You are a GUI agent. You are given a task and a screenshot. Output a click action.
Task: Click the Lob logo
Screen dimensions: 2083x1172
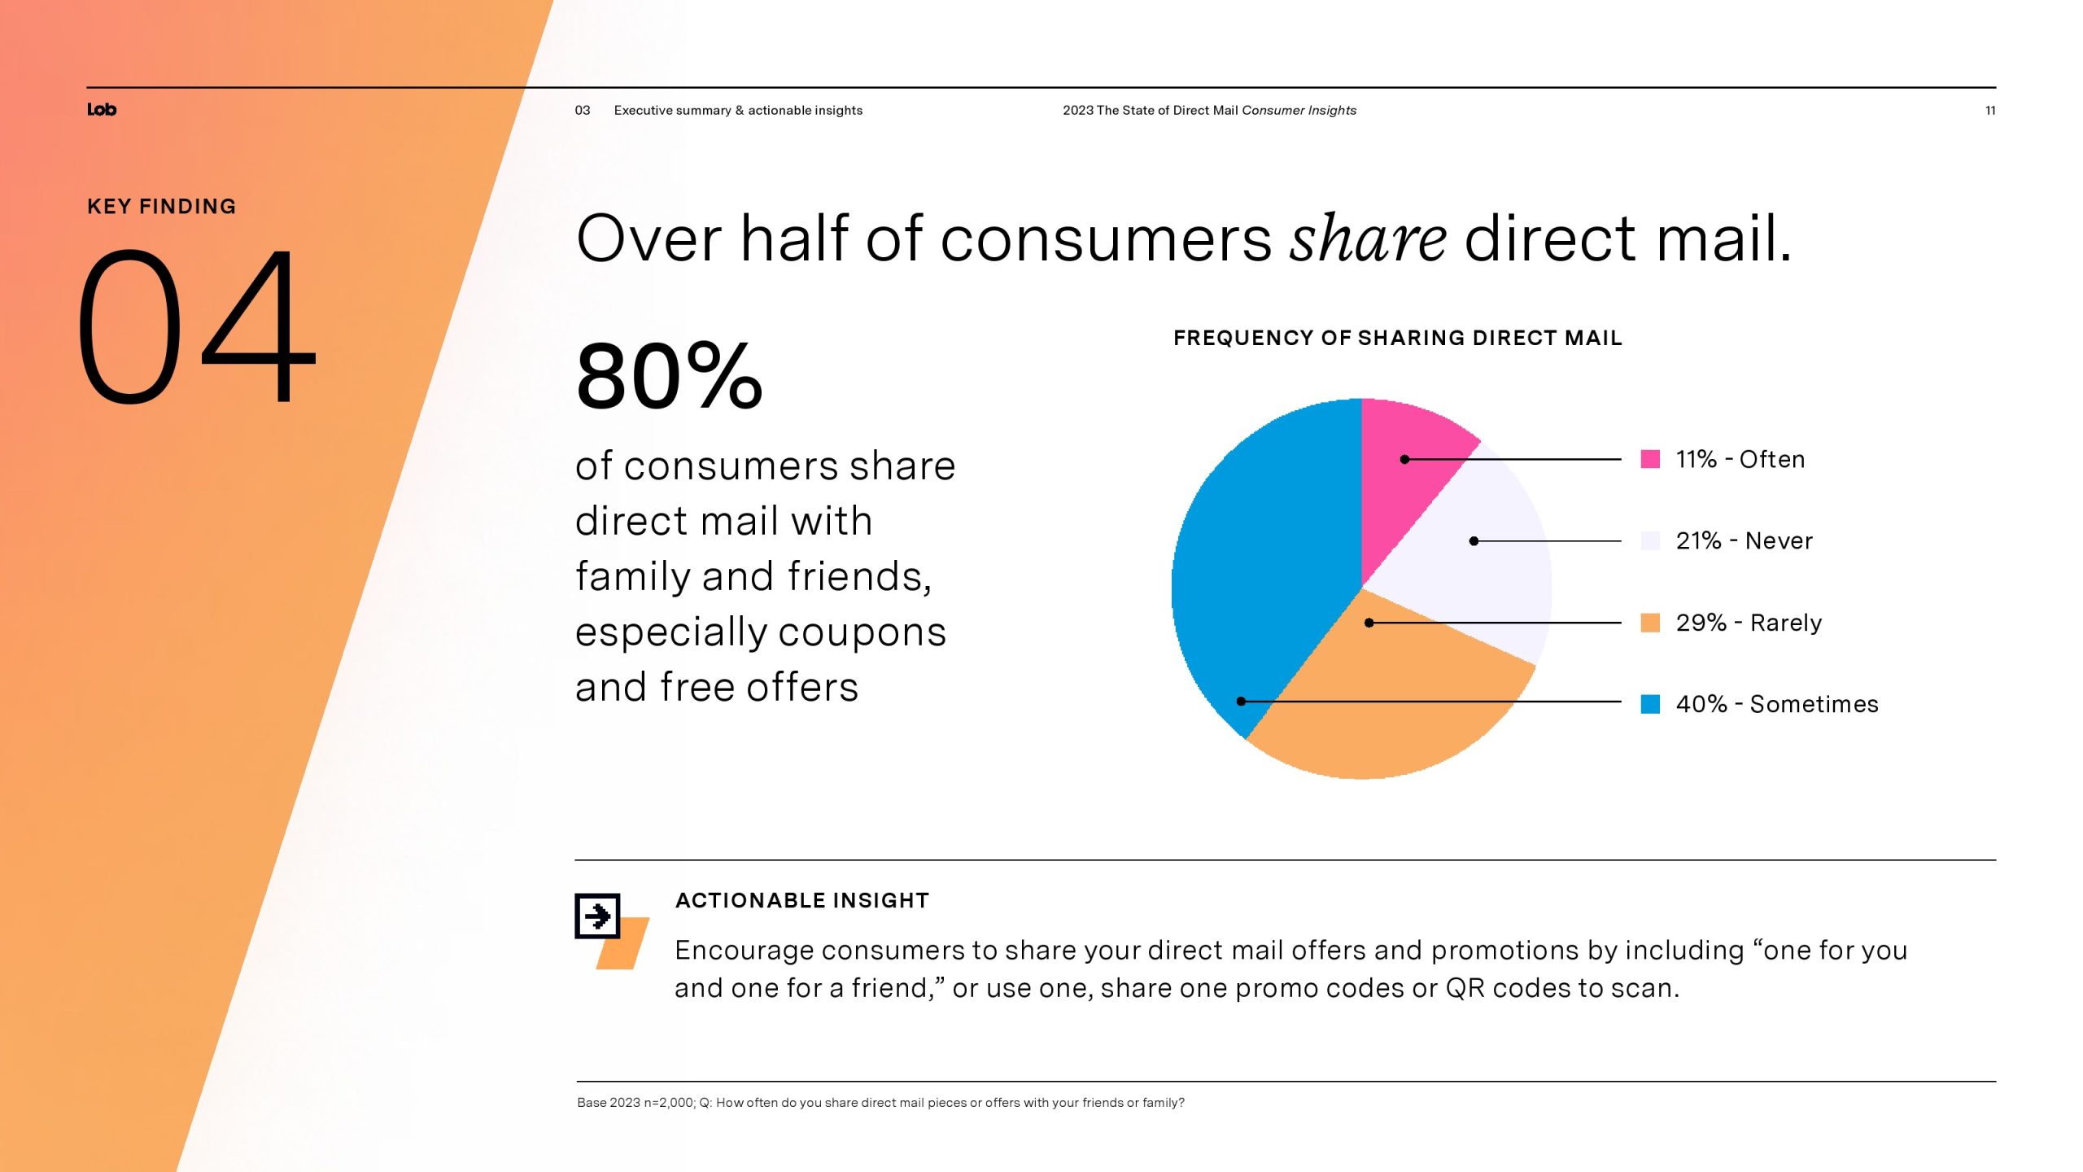(102, 110)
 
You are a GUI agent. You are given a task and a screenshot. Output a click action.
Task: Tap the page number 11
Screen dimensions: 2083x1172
(1990, 111)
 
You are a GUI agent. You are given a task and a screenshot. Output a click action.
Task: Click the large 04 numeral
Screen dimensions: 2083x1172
(196, 326)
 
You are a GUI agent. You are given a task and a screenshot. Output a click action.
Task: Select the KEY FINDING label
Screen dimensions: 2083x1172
(162, 207)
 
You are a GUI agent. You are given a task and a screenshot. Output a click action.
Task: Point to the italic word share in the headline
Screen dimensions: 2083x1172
(1368, 238)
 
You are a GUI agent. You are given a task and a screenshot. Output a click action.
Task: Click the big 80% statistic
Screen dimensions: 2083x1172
(669, 376)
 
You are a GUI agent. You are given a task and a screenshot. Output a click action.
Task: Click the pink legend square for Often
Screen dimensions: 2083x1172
(1650, 459)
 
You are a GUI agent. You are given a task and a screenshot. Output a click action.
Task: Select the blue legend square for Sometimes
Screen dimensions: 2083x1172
(1650, 704)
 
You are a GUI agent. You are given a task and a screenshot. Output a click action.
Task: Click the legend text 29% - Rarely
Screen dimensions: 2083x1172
(1749, 623)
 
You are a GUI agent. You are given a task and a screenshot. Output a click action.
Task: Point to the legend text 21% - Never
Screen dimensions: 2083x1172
(1745, 540)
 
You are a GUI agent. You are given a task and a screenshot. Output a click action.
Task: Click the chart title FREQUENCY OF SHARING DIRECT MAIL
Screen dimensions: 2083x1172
(1398, 338)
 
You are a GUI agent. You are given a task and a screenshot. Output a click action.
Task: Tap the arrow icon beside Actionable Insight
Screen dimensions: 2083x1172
(598, 916)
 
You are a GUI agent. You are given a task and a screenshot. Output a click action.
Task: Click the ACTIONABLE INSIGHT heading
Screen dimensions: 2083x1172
(802, 900)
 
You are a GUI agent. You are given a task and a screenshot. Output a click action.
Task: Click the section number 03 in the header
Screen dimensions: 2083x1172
(583, 111)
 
